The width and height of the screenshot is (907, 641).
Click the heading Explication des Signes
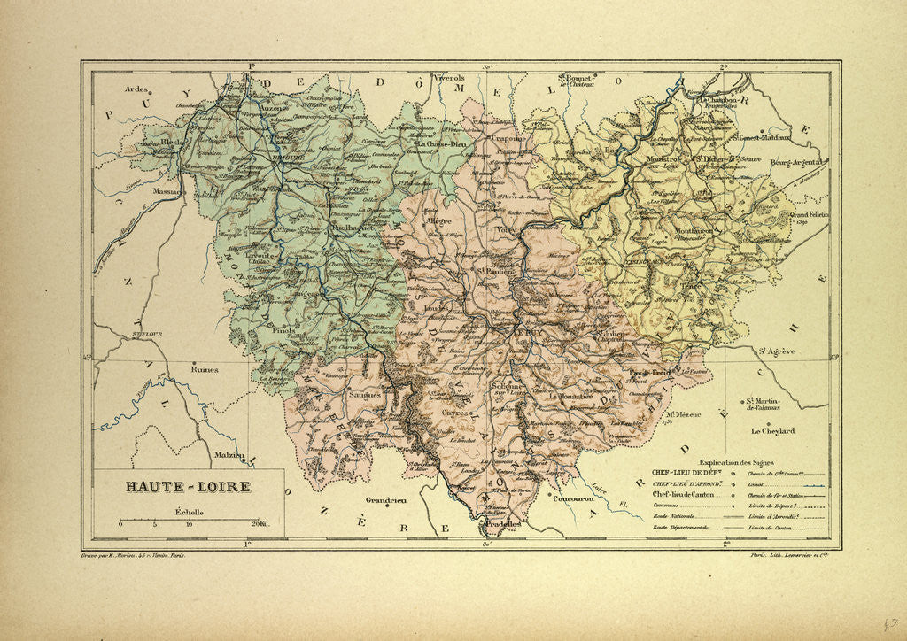tap(740, 462)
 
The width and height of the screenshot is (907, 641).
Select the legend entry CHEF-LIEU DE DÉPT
tap(686, 473)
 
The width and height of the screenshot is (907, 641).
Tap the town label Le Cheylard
tap(772, 432)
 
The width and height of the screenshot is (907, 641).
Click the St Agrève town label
tap(776, 351)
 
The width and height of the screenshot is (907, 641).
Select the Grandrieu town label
tap(384, 501)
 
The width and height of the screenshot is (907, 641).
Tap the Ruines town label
tap(205, 370)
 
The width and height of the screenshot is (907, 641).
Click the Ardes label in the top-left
tap(136, 89)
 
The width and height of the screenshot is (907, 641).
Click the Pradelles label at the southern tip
tap(502, 524)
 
